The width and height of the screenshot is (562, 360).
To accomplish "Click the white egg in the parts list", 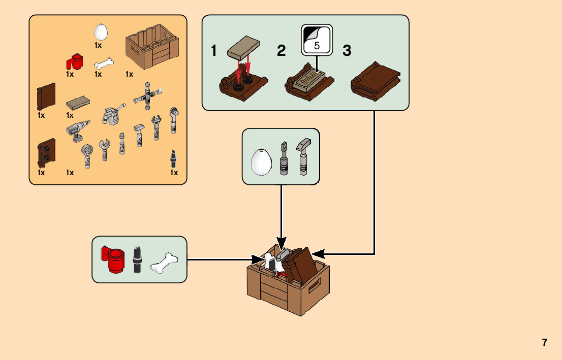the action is click(x=101, y=32).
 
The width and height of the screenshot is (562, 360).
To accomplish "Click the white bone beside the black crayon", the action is click(x=165, y=263).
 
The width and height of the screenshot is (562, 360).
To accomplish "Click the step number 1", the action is click(x=214, y=51).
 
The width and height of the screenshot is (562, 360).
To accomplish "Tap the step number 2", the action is click(x=281, y=51).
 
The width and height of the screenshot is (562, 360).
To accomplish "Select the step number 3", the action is click(x=347, y=51).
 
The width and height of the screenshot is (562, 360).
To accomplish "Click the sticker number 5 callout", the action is click(x=316, y=40).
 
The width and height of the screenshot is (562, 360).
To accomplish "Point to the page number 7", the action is click(x=545, y=342).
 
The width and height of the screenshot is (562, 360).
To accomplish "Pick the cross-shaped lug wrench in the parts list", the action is click(x=148, y=95).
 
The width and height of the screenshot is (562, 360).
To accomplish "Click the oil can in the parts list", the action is click(x=112, y=114).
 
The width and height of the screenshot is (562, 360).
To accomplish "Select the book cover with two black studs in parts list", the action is click(x=46, y=152).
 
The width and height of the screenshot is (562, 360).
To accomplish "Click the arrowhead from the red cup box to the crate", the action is click(x=256, y=260).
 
